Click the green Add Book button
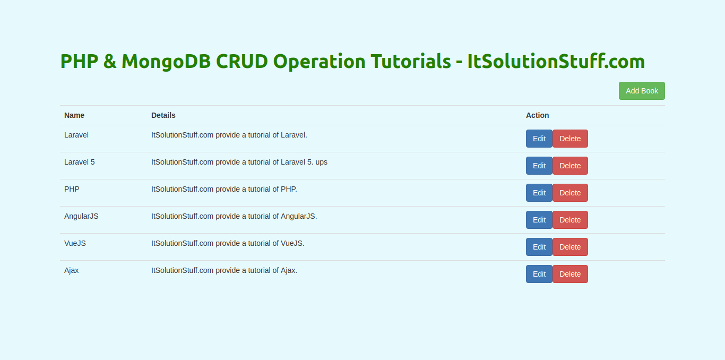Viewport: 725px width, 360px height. [x=642, y=91]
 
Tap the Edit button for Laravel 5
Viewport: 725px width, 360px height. [x=539, y=166]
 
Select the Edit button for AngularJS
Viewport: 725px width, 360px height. [x=539, y=220]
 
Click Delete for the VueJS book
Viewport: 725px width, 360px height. [x=571, y=247]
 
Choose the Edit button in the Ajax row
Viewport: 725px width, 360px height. [x=539, y=274]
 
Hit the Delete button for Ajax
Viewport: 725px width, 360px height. [x=571, y=274]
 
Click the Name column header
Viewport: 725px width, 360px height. [x=74, y=115]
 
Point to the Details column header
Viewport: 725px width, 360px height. [x=163, y=115]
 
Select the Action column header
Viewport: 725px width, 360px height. [x=537, y=115]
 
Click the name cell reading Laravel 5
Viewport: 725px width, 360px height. [x=79, y=162]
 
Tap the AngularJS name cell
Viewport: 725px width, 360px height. [x=81, y=216]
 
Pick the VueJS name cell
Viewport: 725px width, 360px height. [x=75, y=244]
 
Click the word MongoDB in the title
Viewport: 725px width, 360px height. [x=166, y=62]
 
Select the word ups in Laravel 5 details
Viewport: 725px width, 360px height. [x=322, y=162]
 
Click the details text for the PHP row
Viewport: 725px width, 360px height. [x=224, y=189]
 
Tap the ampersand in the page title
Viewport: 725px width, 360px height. [x=110, y=61]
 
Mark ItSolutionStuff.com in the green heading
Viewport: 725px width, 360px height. [x=556, y=61]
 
